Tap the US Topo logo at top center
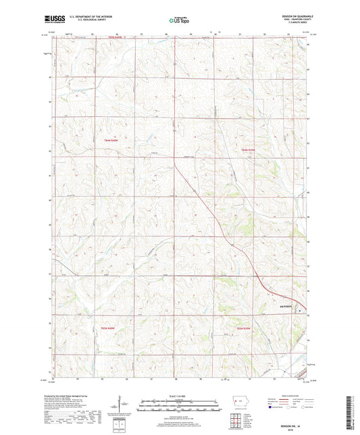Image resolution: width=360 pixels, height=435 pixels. coord(177,21)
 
